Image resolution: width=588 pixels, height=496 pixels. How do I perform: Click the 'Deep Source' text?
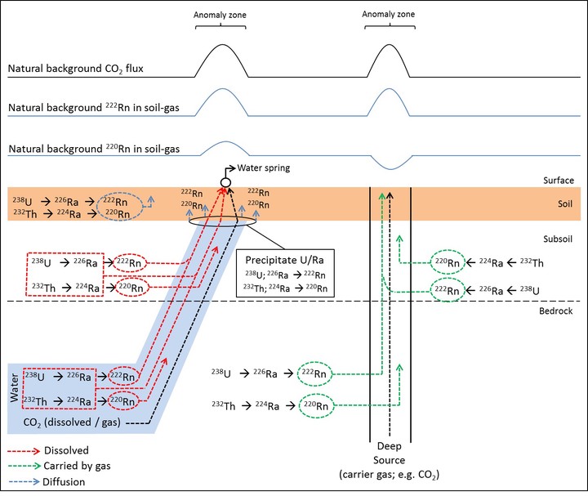390,452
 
